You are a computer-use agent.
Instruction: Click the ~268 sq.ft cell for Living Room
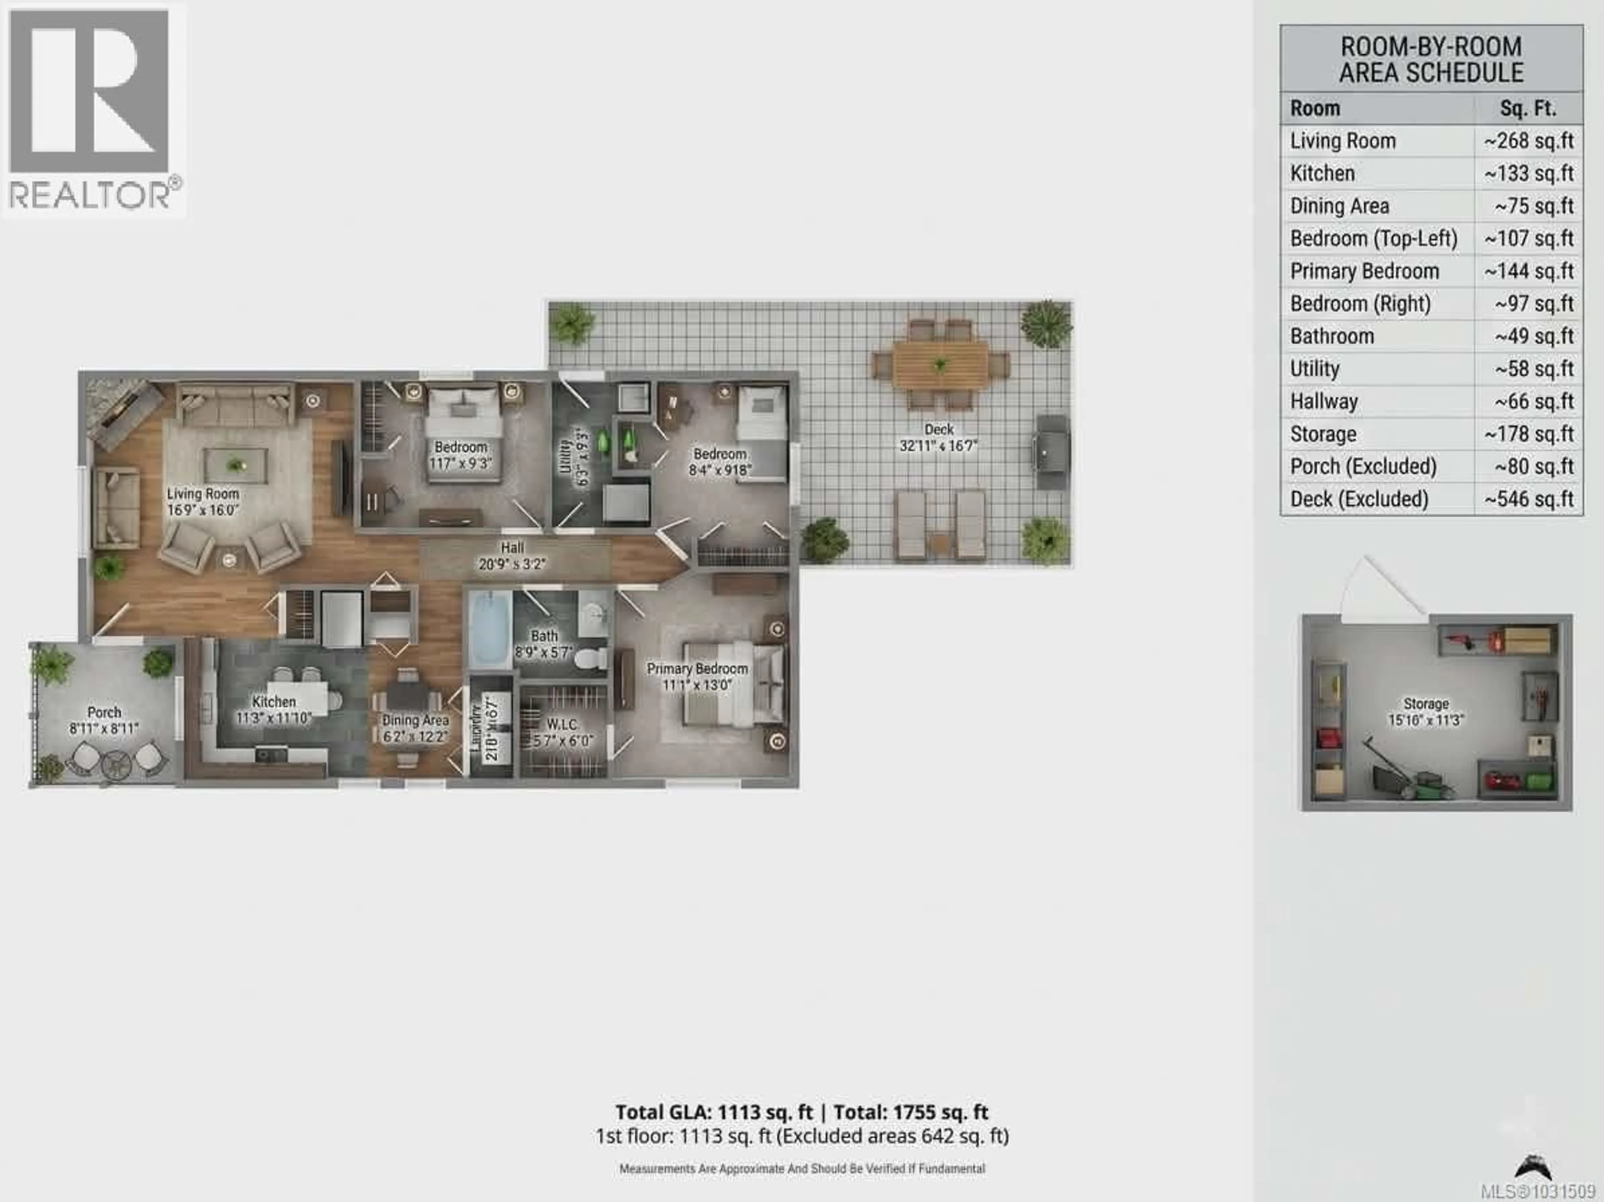1528,141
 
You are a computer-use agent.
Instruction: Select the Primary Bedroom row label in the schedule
1364,271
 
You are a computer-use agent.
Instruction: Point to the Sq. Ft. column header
1528,109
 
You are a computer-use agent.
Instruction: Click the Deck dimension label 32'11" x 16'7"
938,446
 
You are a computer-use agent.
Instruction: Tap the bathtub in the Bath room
490,629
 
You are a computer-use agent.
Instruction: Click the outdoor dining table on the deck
940,364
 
